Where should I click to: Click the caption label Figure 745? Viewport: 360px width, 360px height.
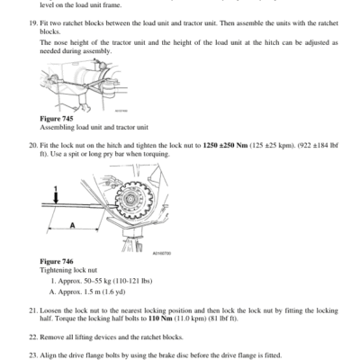(x=57, y=119)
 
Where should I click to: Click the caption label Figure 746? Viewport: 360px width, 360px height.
(x=57, y=262)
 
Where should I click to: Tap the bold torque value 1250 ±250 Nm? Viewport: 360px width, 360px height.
(x=225, y=146)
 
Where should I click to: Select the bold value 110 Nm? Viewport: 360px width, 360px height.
(x=160, y=319)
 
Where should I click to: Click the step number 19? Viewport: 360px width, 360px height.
(x=33, y=23)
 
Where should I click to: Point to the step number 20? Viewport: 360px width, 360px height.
(x=33, y=146)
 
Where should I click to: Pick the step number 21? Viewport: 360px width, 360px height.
(x=33, y=310)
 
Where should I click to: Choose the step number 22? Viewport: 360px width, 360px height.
(x=33, y=337)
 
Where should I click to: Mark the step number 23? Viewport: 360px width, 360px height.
(x=33, y=355)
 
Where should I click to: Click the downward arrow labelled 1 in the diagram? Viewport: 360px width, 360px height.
(x=56, y=198)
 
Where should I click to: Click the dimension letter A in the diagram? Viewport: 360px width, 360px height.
(x=72, y=225)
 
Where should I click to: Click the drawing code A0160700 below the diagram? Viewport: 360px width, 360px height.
(x=162, y=254)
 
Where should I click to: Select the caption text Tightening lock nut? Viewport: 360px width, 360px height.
(x=68, y=270)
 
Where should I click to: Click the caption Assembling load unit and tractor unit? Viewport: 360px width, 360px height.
(x=94, y=128)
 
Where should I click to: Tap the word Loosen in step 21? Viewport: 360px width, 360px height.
(x=50, y=310)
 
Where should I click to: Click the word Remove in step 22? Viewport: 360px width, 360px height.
(x=51, y=337)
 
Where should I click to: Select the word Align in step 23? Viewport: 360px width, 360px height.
(x=48, y=355)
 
